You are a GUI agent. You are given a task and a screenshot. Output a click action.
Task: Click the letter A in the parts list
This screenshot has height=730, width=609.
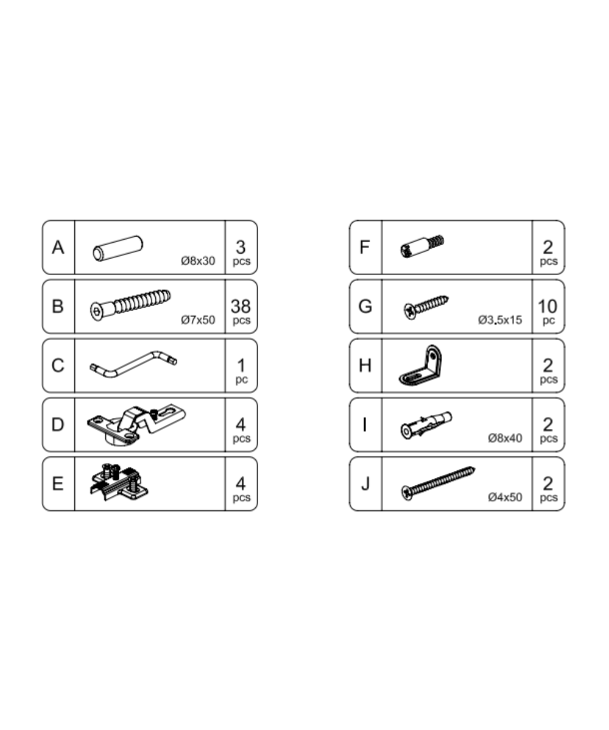[x=58, y=248]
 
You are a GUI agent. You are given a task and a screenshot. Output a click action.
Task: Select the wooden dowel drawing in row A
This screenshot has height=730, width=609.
[x=118, y=248]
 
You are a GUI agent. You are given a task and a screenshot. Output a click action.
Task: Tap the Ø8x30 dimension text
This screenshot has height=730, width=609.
[x=198, y=261]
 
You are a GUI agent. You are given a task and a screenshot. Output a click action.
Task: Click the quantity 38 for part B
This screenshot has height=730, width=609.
[x=241, y=306]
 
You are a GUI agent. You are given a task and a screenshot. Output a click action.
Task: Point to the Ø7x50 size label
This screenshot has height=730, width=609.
[x=198, y=320]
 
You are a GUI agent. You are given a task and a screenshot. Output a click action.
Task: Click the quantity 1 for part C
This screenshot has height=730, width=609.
[x=241, y=365]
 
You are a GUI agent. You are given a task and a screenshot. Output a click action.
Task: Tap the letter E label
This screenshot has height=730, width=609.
[x=58, y=484]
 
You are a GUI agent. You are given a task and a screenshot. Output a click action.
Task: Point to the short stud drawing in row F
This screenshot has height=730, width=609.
[x=422, y=246]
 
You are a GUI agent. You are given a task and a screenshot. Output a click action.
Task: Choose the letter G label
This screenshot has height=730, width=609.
[x=365, y=306]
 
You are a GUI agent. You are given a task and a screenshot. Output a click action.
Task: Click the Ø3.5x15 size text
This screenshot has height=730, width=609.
[x=500, y=320]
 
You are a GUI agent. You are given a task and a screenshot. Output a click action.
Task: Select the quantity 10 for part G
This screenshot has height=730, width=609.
[x=548, y=306]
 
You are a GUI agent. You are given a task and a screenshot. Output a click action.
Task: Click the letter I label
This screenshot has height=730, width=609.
[x=365, y=425]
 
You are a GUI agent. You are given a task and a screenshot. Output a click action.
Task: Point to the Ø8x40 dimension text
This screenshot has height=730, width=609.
[x=505, y=438]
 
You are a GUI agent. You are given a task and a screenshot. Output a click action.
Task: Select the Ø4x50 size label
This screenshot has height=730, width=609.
[x=505, y=497]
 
